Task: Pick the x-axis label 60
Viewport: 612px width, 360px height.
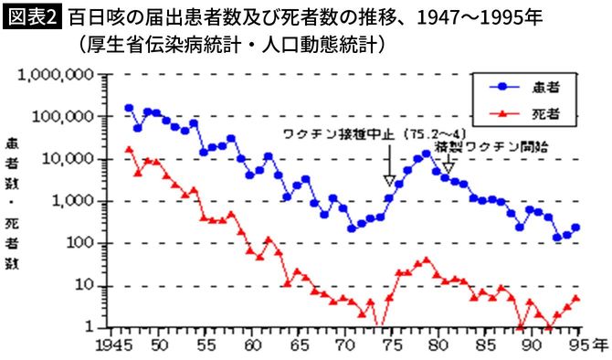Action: tap(250, 345)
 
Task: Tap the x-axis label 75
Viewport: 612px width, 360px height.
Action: tap(388, 345)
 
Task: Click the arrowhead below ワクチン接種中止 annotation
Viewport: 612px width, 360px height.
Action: tap(389, 179)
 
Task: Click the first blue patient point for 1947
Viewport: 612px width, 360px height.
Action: tap(129, 108)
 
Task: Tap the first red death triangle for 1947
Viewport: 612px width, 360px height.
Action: tap(129, 149)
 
